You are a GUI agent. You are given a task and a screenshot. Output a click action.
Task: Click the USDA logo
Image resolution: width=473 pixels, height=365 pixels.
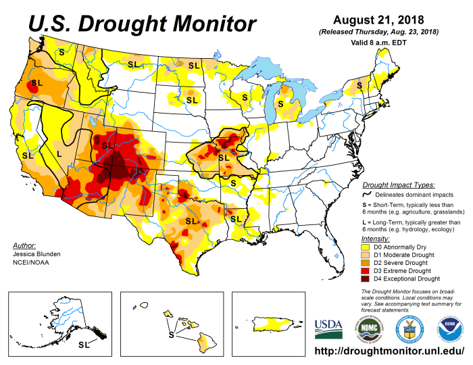click(x=328, y=328)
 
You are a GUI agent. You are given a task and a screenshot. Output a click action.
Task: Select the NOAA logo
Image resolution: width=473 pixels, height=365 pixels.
click(x=449, y=328)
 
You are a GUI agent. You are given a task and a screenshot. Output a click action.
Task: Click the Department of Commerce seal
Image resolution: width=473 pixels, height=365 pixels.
click(x=409, y=328)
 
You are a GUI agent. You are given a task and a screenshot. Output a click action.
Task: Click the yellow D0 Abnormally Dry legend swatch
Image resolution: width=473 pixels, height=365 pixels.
click(x=368, y=248)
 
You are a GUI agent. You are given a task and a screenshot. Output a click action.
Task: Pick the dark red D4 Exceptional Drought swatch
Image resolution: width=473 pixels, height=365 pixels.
click(x=368, y=278)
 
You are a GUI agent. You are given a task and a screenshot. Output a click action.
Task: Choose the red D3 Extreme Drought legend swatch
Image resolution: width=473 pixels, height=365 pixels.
click(x=368, y=271)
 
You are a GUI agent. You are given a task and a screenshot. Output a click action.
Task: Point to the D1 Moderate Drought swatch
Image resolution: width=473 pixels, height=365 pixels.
click(x=368, y=255)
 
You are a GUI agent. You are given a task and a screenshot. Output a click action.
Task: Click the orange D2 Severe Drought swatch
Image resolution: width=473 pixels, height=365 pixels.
click(x=368, y=263)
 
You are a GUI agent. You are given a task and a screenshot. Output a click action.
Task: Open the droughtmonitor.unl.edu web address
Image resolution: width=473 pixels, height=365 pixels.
click(x=391, y=353)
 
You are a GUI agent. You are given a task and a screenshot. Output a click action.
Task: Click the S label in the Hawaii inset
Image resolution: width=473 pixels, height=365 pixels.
click(x=171, y=335)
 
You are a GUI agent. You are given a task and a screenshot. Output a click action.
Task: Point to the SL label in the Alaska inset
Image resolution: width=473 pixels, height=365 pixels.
click(x=83, y=345)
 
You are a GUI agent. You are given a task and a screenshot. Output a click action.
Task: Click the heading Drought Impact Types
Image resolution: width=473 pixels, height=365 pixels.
click(x=399, y=185)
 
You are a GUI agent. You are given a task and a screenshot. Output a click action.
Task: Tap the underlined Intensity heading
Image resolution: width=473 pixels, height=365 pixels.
click(x=376, y=239)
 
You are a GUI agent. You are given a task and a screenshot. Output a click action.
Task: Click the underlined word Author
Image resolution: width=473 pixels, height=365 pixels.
click(x=25, y=245)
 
